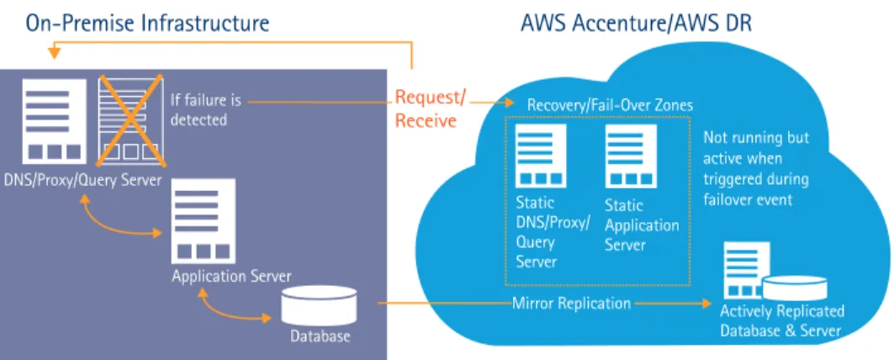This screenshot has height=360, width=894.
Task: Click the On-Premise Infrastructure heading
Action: point(147,23)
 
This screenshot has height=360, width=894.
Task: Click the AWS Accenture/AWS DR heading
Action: point(636,24)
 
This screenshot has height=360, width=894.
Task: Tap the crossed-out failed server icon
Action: point(132,120)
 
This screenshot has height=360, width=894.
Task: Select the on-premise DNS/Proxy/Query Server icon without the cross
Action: point(54,121)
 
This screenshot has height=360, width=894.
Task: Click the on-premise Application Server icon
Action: point(204,220)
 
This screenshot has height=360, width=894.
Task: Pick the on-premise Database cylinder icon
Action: point(319,306)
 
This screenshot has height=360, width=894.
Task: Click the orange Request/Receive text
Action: point(430,109)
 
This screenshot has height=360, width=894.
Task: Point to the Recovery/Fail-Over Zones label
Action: point(610,105)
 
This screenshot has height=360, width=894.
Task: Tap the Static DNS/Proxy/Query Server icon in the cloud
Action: point(541,156)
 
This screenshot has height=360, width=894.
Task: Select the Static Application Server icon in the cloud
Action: point(632,156)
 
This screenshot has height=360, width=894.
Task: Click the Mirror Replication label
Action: point(571,303)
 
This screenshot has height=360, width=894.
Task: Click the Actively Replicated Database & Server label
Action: point(781,321)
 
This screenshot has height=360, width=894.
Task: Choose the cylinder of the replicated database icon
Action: point(795,289)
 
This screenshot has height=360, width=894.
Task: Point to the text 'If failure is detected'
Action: point(206,110)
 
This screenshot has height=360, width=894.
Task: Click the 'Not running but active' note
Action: point(755,169)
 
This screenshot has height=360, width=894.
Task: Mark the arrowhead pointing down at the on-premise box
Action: point(54,54)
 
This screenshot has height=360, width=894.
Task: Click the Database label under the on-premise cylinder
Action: point(320,336)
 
